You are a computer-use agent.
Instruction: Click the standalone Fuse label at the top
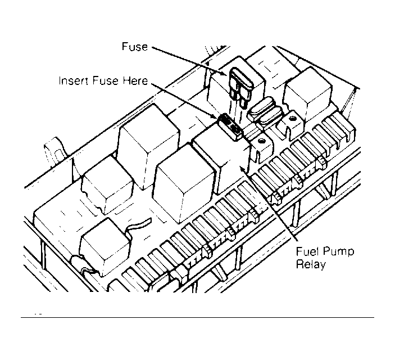point(135,47)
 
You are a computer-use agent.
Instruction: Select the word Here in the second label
point(135,81)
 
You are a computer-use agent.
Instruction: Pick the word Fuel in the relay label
point(307,251)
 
